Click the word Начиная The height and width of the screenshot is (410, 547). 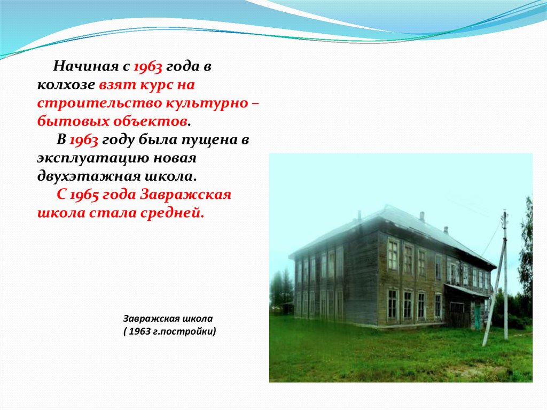coord(86,66)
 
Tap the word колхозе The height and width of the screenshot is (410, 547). coord(66,85)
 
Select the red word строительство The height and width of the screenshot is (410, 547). coord(100,104)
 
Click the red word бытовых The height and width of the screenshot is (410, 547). coord(73,121)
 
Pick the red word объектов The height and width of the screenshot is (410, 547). coord(151,121)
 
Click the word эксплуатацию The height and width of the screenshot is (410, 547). coord(94,159)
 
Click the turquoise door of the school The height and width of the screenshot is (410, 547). coord(478,316)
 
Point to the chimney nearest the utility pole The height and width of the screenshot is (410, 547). coord(446,230)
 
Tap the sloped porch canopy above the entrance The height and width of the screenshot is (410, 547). coord(467,291)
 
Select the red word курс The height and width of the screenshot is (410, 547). coord(155,85)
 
